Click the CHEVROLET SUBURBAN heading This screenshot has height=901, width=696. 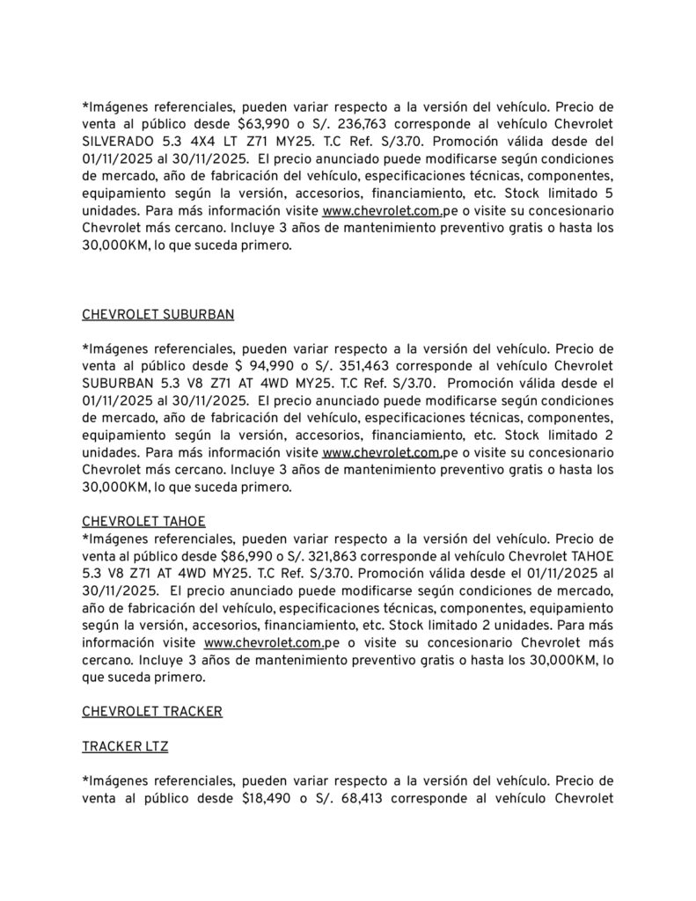coord(158,314)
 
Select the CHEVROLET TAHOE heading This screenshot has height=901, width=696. coord(144,521)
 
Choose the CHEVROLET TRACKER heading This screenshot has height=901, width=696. coord(152,711)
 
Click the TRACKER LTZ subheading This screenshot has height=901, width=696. coord(125,746)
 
